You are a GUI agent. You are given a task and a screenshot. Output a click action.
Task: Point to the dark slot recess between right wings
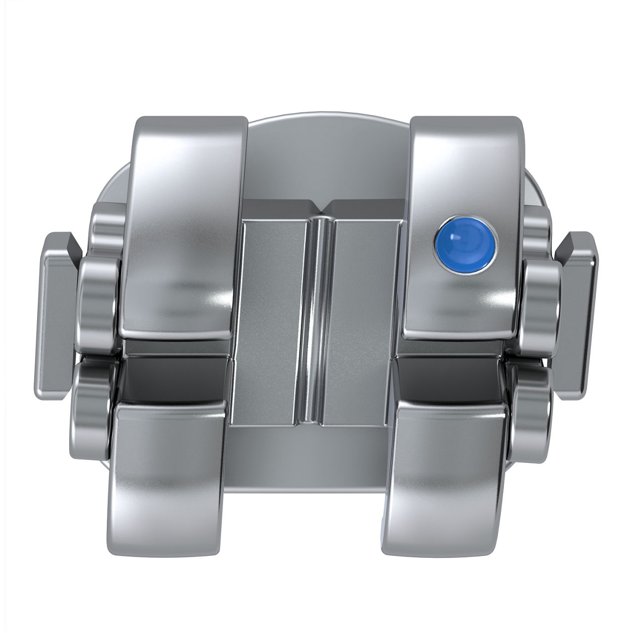(450, 376)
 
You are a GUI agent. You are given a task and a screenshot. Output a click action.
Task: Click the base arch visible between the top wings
(326, 158)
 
